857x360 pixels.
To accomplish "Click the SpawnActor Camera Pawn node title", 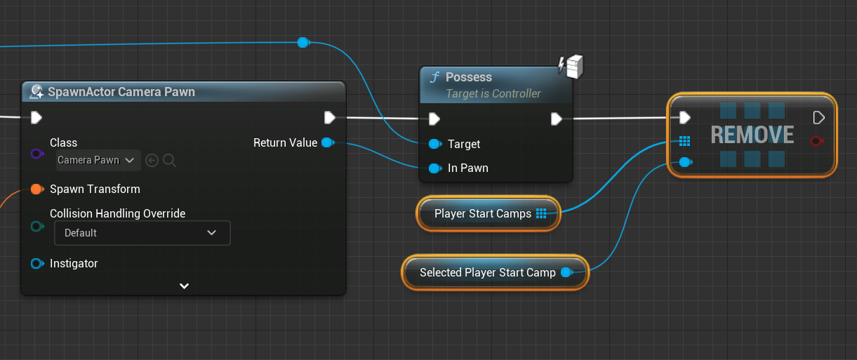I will [x=121, y=92].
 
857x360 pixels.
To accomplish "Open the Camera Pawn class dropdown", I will [x=98, y=161].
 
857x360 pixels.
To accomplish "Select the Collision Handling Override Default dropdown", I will [x=142, y=233].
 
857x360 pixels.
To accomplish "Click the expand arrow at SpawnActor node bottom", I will [x=184, y=286].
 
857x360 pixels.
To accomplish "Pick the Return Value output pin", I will [x=327, y=143].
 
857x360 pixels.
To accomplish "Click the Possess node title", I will [x=469, y=77].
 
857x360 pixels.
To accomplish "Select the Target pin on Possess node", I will [x=434, y=144].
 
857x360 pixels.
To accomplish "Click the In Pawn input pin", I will [x=434, y=168].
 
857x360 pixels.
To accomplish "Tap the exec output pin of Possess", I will [x=556, y=119].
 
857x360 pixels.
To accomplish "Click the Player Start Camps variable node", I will [x=489, y=214].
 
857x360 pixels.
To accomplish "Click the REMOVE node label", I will [x=752, y=135].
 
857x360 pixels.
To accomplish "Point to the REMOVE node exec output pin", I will [x=818, y=117].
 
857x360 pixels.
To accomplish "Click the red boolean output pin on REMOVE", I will [x=816, y=141].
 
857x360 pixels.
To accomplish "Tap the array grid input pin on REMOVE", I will [x=685, y=141].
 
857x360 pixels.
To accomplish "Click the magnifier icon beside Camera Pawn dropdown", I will [x=169, y=161].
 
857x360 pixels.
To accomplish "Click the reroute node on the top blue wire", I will [x=303, y=42].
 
